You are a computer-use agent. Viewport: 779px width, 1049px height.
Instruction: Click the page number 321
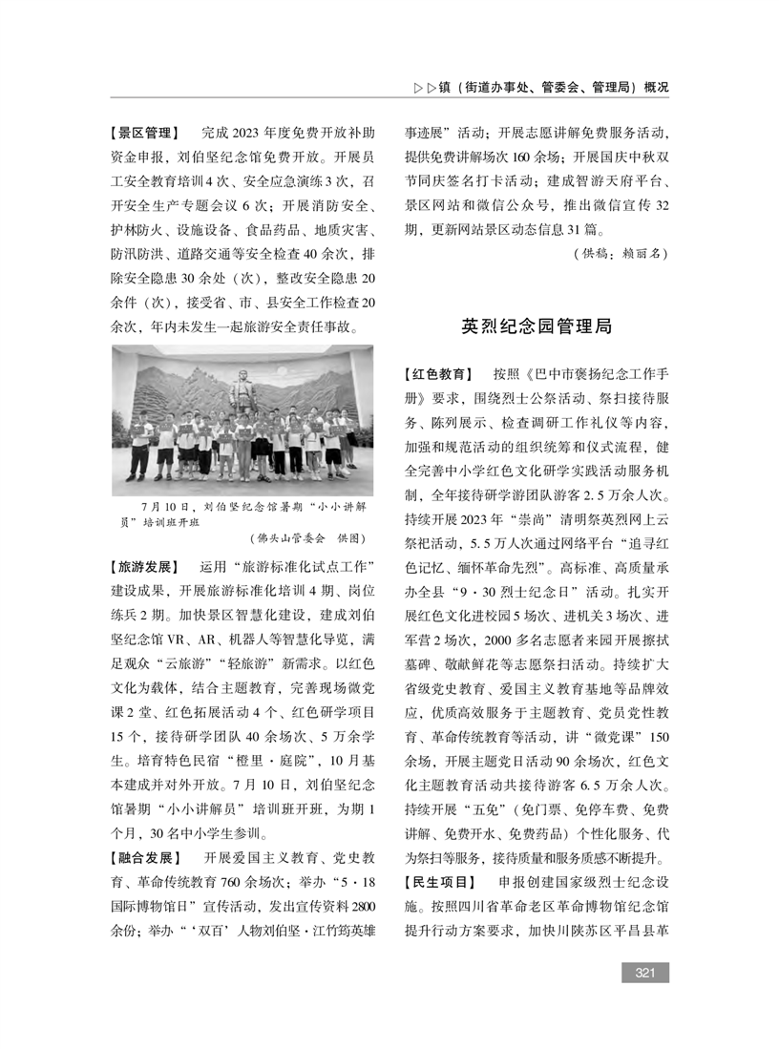pyautogui.click(x=644, y=973)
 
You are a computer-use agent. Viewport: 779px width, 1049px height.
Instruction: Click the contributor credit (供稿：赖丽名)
pyautogui.click(x=621, y=255)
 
